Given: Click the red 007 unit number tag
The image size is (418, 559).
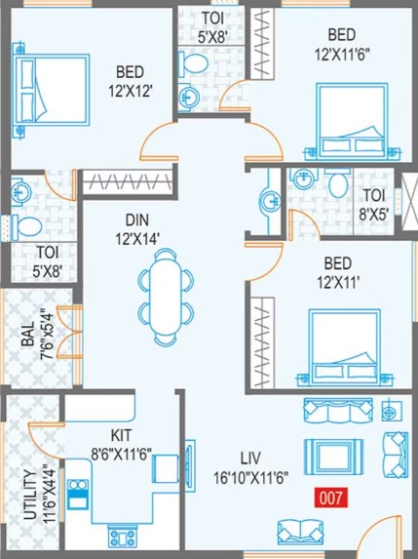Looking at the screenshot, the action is coord(330,499).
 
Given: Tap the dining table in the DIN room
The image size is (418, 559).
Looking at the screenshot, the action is coord(166,297).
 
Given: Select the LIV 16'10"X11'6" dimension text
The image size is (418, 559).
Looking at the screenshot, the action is coord(250,467).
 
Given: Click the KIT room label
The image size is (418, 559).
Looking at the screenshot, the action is coord(121,435).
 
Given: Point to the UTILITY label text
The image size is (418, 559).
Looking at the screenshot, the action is coord(30,495).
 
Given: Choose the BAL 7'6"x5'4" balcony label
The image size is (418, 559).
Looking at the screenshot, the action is coord(36,336).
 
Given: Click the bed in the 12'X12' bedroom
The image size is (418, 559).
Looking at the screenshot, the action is coord(51,90).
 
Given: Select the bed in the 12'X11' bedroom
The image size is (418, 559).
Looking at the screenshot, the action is coord(345,347).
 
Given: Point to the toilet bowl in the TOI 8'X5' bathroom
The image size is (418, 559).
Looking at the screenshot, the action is coord(338,182).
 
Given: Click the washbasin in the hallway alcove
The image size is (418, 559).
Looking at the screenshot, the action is coord(271,202).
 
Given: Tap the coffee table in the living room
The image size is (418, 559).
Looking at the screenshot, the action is coord(333,457).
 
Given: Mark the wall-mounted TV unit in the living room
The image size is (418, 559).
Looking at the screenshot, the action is coord(190,460).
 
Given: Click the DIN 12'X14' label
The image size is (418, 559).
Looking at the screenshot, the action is coord(137,229).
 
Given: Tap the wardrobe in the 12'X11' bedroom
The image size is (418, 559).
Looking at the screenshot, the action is coord(262,342).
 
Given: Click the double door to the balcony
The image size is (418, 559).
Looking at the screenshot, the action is coord(69,332).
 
